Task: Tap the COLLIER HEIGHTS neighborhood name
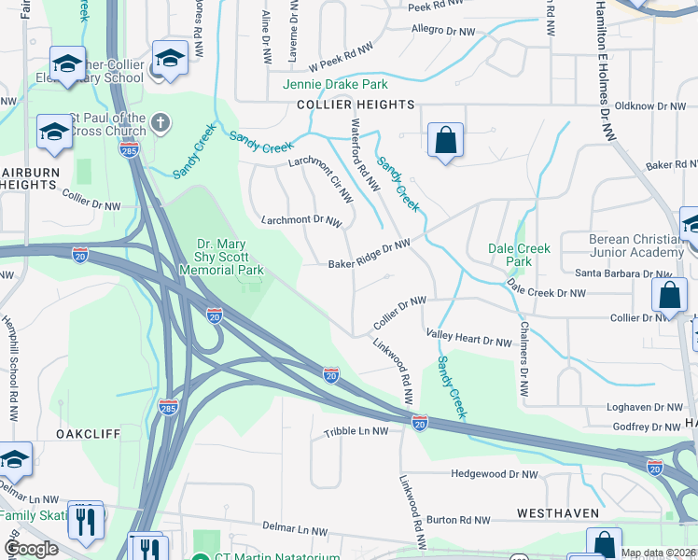(356, 105)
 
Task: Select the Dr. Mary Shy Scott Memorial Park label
(230, 255)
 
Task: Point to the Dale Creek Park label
(520, 255)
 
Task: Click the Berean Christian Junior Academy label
(636, 246)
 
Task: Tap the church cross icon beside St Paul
(161, 122)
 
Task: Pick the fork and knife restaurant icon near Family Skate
(86, 521)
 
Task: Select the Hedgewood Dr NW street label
(495, 474)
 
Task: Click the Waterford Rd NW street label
(364, 156)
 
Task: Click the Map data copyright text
(658, 553)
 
